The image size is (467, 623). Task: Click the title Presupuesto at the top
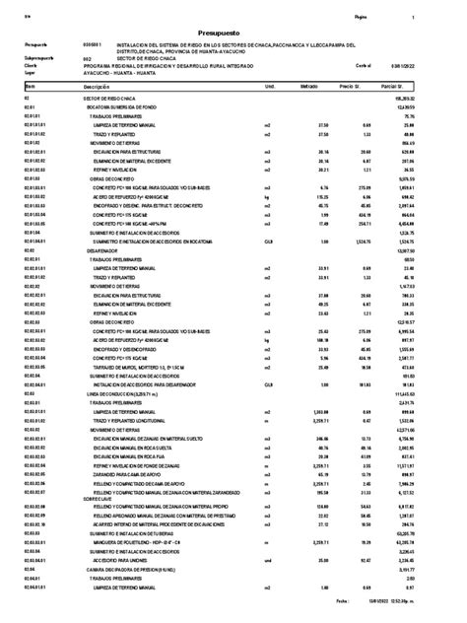(x=233, y=31)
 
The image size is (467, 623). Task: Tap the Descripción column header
(x=97, y=87)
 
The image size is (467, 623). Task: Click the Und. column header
(x=270, y=87)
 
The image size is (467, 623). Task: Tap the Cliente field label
(x=30, y=66)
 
